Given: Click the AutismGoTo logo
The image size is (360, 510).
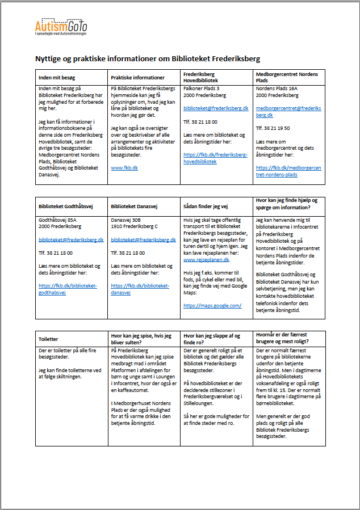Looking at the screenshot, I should pos(61,27).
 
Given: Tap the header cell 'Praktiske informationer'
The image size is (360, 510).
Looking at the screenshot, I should pos(138,78).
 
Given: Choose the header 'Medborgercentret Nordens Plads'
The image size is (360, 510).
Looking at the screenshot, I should pos(287,78).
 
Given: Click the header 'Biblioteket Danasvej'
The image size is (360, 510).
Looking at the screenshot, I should pos(135,207).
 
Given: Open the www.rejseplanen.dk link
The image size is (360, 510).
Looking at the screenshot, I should pos(206,259).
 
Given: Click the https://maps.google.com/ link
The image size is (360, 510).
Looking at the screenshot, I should pos(212,305).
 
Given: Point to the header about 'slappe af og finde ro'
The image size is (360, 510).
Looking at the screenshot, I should pos(214,339).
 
